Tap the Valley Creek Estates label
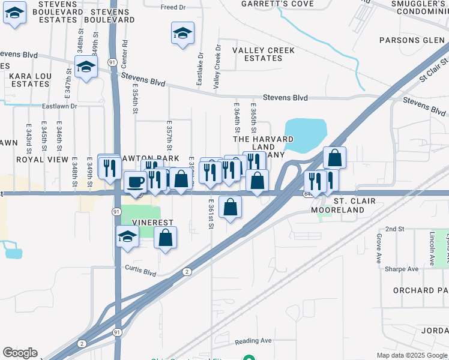[x=264, y=55]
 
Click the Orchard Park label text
[x=421, y=290]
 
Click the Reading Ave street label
[x=253, y=341]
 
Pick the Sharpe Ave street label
[x=402, y=269]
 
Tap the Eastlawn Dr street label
[x=60, y=106]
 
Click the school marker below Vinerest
[x=127, y=238]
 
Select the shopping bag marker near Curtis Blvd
[x=166, y=238]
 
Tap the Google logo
[x=20, y=353]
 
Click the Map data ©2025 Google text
[x=411, y=355]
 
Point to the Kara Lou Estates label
[x=29, y=80]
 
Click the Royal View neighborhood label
[x=42, y=160]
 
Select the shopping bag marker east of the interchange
[x=335, y=158]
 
